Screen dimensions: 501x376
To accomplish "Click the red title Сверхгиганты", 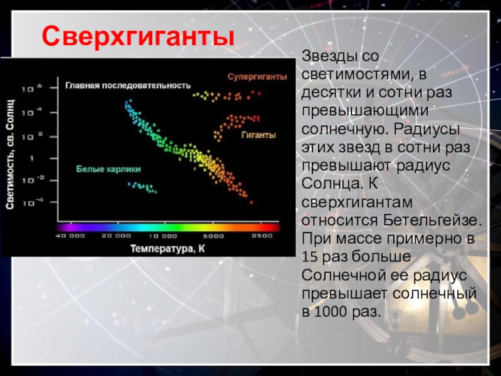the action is [x=138, y=37].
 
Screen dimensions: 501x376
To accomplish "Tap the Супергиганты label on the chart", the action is [x=257, y=77].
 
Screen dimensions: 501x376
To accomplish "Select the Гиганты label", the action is [x=259, y=135].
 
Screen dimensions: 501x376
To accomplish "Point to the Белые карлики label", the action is [x=108, y=169].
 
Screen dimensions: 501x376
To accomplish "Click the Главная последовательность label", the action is [x=128, y=86].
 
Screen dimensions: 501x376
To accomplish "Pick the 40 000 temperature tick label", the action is [x=70, y=236].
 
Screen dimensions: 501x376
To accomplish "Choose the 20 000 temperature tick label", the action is [x=116, y=236].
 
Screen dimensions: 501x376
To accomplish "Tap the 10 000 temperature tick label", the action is [x=163, y=236].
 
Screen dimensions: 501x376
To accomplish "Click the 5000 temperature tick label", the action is [x=214, y=236].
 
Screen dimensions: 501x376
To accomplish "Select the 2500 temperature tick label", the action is [x=262, y=236].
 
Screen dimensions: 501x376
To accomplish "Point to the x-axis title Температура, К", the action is [x=167, y=249].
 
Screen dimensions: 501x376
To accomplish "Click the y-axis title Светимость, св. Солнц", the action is [x=10, y=154].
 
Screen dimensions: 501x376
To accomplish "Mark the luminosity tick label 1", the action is [x=31, y=159].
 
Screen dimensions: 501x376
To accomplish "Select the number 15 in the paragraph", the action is [x=310, y=257].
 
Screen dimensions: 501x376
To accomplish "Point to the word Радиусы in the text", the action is [x=427, y=130].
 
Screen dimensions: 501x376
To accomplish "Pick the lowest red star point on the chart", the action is [x=251, y=202].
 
